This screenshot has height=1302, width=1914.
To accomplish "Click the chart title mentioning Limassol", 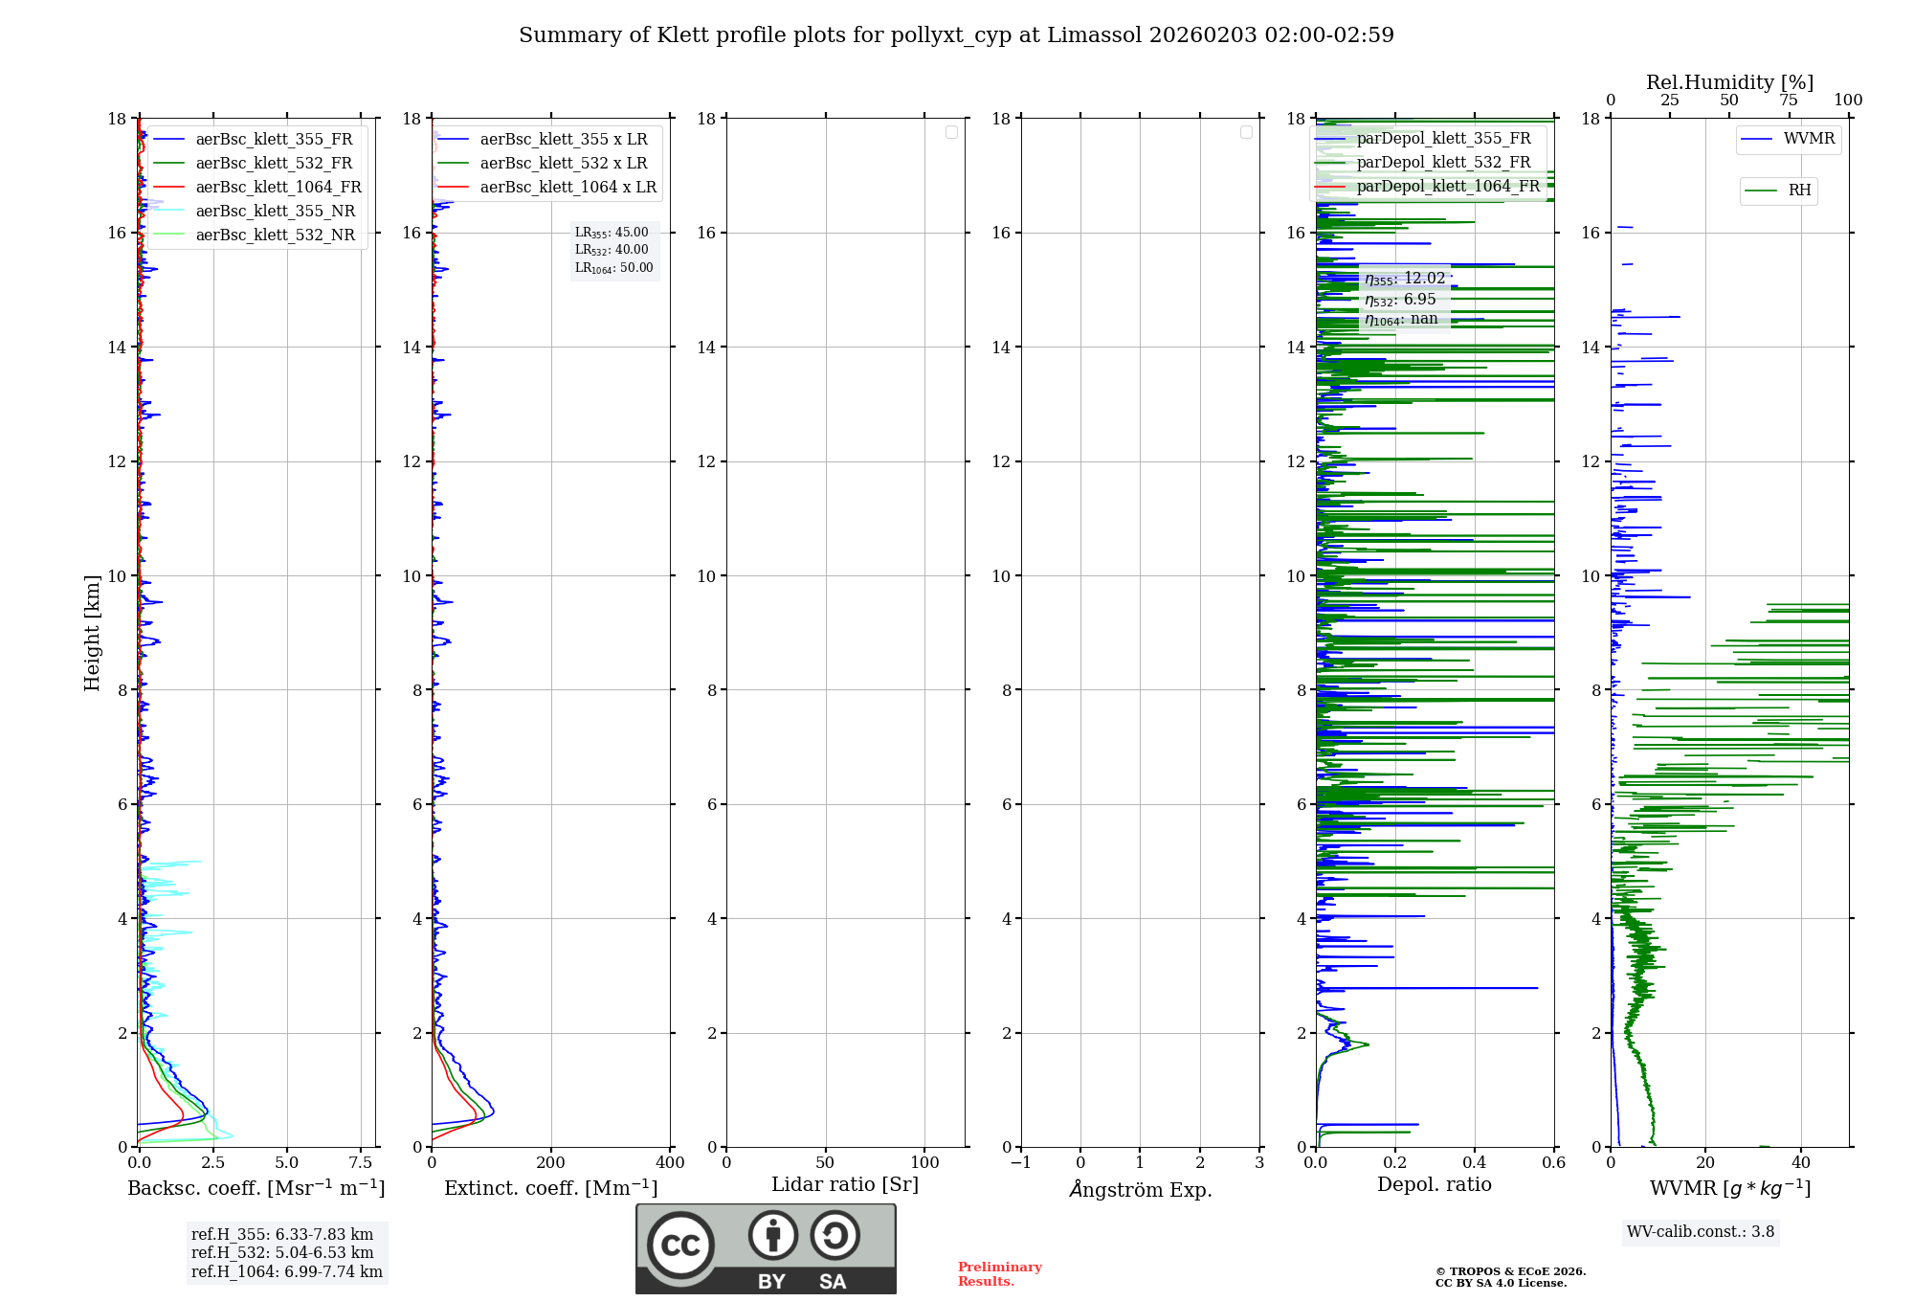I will [x=956, y=35].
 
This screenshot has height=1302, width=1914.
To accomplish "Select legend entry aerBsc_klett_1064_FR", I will [x=278, y=187].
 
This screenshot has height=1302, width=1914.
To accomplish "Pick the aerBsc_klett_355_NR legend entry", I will [x=275, y=211].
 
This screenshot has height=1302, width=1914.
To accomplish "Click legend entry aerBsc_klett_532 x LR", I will [x=563, y=163].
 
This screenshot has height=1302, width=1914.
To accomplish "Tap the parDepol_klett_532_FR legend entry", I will [x=1443, y=162].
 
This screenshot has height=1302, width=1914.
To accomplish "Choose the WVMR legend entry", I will [x=1809, y=139].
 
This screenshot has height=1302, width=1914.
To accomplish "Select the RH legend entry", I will [x=1799, y=191].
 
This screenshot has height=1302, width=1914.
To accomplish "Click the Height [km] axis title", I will [x=92, y=633].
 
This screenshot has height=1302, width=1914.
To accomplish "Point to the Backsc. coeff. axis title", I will [x=256, y=1188].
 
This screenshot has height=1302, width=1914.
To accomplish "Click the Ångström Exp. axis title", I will [x=1140, y=1189].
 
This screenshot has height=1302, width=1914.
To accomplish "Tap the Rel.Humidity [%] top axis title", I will [x=1729, y=82].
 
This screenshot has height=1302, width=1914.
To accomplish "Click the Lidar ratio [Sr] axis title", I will [x=845, y=1184].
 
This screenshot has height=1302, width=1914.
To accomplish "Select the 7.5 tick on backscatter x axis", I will [x=361, y=1162].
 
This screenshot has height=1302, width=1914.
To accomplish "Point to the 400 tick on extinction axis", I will [x=670, y=1162].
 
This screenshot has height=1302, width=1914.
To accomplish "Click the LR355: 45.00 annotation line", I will [x=612, y=233].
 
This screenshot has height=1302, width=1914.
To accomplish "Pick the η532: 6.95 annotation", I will [x=1400, y=300].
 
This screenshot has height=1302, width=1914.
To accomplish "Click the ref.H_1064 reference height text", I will [x=286, y=1271].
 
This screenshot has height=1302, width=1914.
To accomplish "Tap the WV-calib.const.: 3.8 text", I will [x=1701, y=1231].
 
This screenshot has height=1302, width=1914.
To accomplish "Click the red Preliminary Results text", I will [x=999, y=1273].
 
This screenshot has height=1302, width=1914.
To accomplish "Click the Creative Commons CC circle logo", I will [x=680, y=1246].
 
